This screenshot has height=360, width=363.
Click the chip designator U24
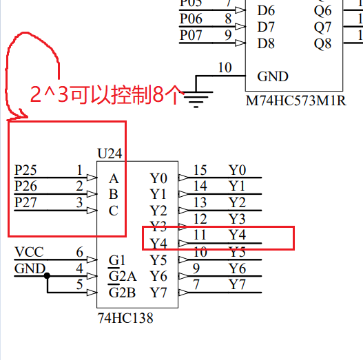tap(110, 152)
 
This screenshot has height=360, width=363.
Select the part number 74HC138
tap(125, 318)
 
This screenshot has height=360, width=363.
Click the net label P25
tap(27, 169)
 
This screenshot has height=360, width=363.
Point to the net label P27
tap(27, 202)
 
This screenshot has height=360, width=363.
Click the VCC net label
tap(28, 252)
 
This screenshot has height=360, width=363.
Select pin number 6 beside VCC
tap(79, 252)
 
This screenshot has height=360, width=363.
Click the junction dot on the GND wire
tap(47, 276)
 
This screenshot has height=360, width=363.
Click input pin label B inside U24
tap(114, 194)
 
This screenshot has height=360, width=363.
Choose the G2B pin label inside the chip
tap(123, 293)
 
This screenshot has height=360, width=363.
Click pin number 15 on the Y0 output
tap(200, 170)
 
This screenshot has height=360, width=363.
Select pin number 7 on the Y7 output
tap(197, 284)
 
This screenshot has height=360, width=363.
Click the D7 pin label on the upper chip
tap(266, 27)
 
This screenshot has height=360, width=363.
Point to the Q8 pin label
tap(322, 43)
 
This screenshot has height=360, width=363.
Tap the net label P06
tap(191, 19)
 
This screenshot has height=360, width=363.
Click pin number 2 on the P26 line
tap(79, 186)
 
